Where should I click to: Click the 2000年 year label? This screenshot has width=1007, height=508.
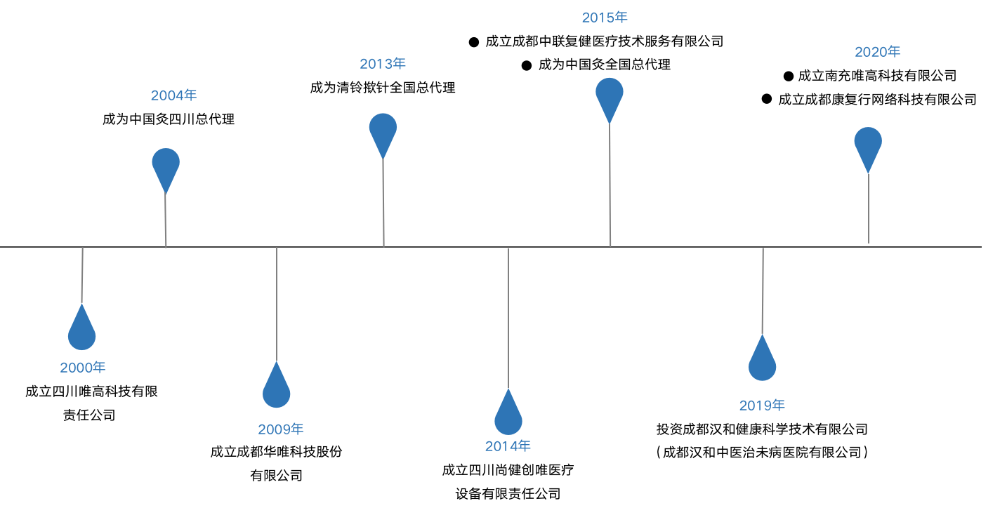(x=83, y=368)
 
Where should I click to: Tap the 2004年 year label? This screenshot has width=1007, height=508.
(x=173, y=95)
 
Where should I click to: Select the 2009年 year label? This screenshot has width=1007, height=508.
(x=281, y=429)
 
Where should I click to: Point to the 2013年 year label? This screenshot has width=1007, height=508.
(x=383, y=64)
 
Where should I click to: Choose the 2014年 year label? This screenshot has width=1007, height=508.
(x=508, y=446)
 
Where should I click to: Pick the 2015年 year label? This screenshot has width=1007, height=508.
(x=605, y=18)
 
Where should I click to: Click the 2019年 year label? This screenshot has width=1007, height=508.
(x=762, y=406)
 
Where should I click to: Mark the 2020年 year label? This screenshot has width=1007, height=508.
(x=877, y=52)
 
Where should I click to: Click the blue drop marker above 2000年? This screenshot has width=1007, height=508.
(x=82, y=331)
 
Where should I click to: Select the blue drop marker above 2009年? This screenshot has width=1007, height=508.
(x=277, y=389)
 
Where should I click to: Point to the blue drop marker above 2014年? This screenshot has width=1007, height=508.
(x=508, y=416)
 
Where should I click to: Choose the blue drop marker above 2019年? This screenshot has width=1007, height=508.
(x=763, y=362)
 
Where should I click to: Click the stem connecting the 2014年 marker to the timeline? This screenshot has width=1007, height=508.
(x=508, y=316)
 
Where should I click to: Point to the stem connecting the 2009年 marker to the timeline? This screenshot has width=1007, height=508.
(x=277, y=302)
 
